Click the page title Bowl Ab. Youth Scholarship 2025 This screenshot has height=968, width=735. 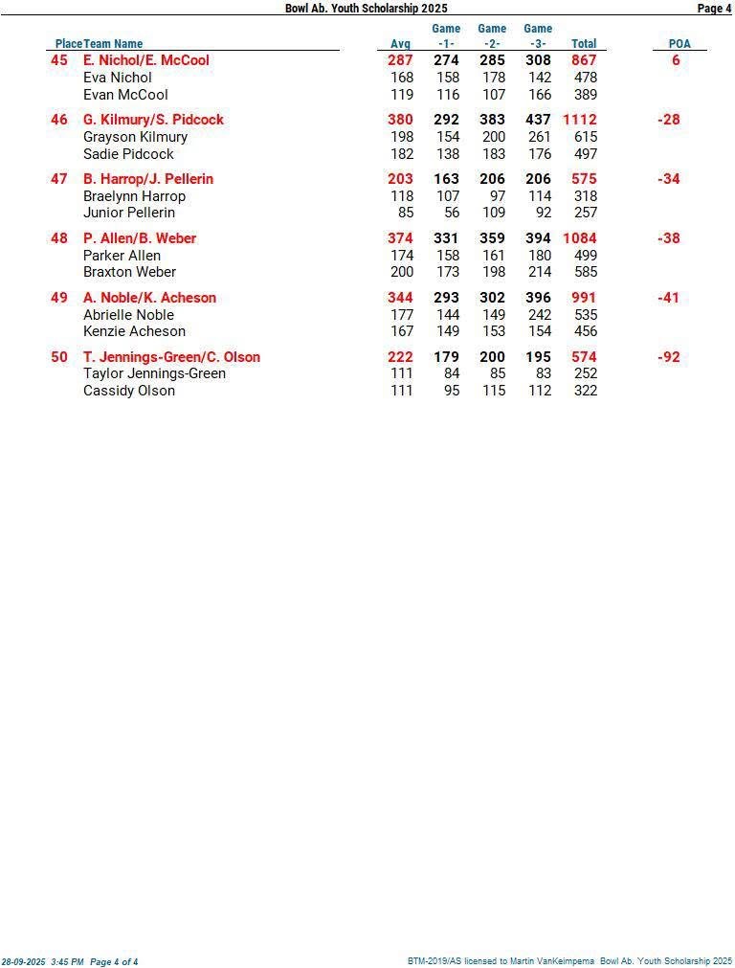click(366, 8)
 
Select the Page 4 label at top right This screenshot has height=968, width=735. click(714, 8)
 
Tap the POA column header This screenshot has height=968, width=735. click(679, 44)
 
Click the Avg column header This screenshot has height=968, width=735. click(400, 44)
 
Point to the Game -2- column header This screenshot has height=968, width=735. click(492, 36)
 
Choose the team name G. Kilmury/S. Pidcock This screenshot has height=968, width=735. click(153, 120)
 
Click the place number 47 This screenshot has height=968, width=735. click(59, 179)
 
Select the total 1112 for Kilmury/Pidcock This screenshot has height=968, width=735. click(579, 120)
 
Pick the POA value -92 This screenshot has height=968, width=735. click(669, 357)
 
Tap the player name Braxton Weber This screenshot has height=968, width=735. click(129, 272)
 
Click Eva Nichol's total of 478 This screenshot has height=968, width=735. click(585, 78)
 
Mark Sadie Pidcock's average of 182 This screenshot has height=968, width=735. click(402, 154)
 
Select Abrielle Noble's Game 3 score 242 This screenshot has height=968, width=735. click(540, 315)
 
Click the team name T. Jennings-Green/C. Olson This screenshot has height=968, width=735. click(171, 357)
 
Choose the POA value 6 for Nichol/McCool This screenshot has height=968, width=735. click(676, 60)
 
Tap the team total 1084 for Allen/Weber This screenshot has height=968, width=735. click(579, 238)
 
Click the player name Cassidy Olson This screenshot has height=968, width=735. click(129, 391)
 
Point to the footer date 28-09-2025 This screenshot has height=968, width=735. click(23, 961)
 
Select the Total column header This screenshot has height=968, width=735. click(584, 44)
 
